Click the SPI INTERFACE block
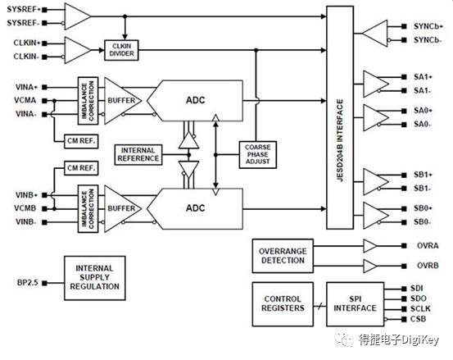coord(354,303)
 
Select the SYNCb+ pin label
coord(427,26)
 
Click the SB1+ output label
coord(423,175)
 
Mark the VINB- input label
coord(27,221)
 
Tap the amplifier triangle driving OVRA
coord(370,246)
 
